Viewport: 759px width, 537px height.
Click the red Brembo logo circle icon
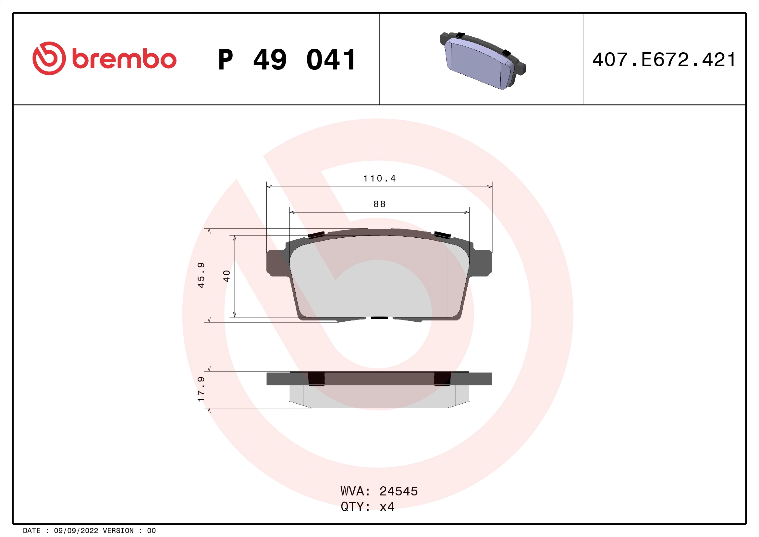click(x=49, y=58)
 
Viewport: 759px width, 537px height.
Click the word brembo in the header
click(x=124, y=59)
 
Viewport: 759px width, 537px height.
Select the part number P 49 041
click(x=287, y=60)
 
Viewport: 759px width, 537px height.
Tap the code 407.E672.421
click(x=664, y=60)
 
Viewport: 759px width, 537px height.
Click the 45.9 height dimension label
click(x=201, y=275)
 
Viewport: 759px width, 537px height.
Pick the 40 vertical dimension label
click(x=226, y=276)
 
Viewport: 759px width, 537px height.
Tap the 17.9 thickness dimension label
click(x=201, y=389)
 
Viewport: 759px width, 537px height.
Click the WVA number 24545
click(x=398, y=491)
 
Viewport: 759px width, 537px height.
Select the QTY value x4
click(x=387, y=506)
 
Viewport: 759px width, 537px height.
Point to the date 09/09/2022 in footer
click(x=76, y=531)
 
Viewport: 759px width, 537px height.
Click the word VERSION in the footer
click(x=118, y=531)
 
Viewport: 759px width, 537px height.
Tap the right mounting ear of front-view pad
click(x=483, y=263)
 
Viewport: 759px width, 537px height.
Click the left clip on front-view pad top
click(x=316, y=235)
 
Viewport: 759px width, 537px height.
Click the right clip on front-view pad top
click(x=442, y=235)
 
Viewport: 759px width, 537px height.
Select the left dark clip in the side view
click(x=316, y=379)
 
